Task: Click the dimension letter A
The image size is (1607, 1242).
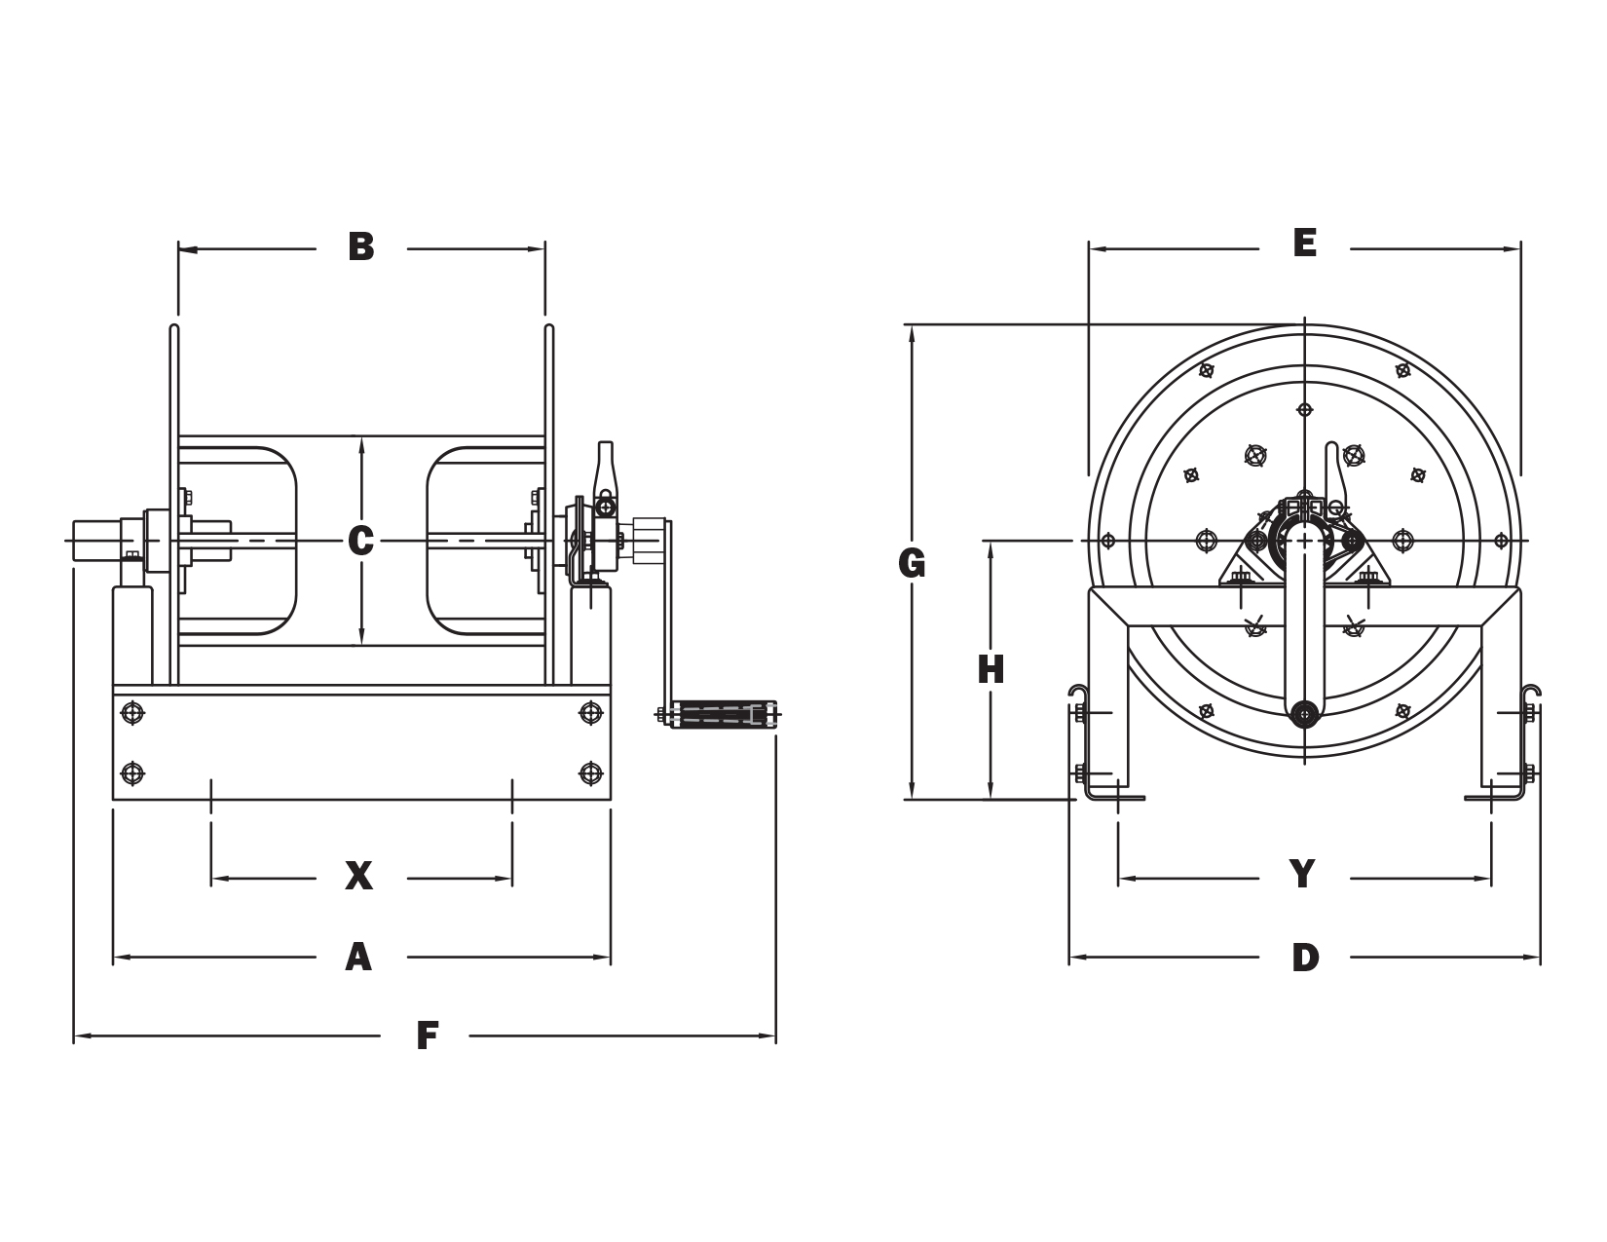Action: tap(359, 958)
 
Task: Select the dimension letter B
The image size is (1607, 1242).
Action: tap(361, 247)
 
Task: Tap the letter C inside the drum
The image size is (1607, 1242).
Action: tap(361, 540)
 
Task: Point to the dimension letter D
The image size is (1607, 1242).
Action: tap(1305, 958)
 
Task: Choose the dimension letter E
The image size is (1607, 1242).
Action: tap(1305, 244)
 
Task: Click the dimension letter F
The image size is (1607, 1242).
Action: tap(426, 1035)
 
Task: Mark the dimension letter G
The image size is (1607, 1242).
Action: tap(913, 563)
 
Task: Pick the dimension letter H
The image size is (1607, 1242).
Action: tap(990, 670)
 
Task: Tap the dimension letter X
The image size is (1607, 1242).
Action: tap(359, 877)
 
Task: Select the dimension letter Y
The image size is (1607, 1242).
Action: tap(1302, 874)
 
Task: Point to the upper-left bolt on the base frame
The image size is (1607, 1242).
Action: tap(132, 713)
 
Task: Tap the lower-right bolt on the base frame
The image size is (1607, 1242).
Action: tap(590, 773)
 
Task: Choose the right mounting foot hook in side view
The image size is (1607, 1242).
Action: tap(1533, 694)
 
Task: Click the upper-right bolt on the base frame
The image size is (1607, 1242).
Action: tap(590, 713)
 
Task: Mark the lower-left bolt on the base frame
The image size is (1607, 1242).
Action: tap(132, 773)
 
